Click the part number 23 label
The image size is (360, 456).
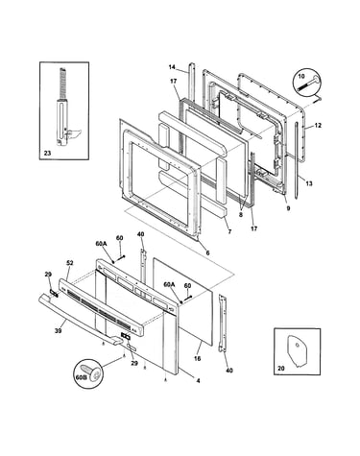47,154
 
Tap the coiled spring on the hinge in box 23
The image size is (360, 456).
62,84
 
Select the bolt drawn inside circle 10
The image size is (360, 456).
308,83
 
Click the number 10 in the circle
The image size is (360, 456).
301,76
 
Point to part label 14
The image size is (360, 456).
172,67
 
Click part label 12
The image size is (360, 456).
318,126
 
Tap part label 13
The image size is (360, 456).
309,183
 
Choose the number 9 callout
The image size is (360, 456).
288,208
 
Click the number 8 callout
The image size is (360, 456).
241,214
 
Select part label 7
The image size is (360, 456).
229,231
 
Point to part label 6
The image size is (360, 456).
207,252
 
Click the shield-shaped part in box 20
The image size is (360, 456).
297,348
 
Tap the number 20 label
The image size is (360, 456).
281,369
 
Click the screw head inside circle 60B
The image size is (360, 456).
93,372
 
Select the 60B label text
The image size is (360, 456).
82,377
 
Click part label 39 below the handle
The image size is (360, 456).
58,330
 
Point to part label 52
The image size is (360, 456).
70,263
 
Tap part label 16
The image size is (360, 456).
197,359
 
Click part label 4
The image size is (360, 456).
198,381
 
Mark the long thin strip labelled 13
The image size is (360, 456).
297,160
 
